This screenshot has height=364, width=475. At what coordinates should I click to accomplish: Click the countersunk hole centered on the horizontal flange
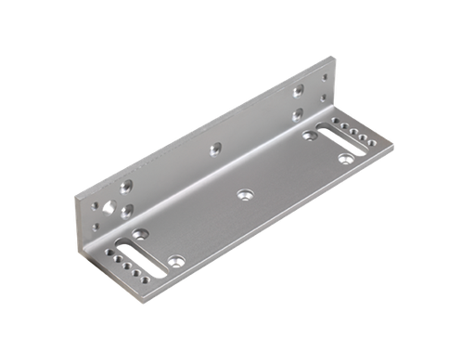click(x=246, y=194)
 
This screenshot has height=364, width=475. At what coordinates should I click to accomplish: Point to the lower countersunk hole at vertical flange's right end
click(x=298, y=113)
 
